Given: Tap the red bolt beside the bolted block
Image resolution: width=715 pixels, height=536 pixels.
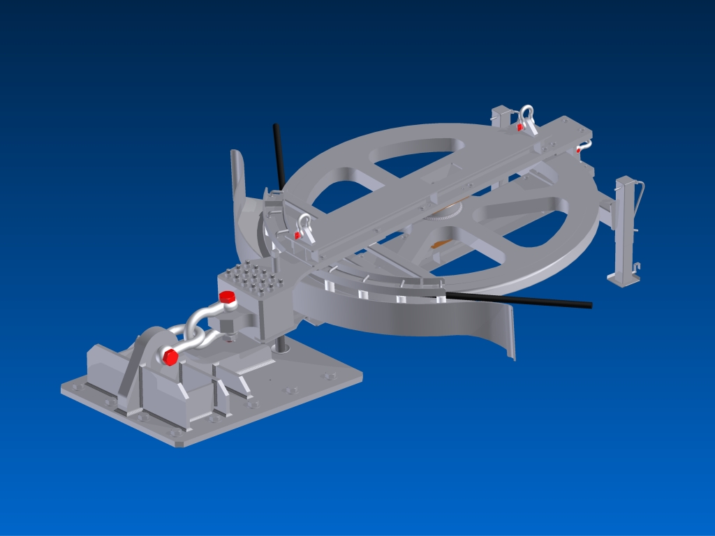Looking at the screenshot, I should pyautogui.click(x=226, y=298).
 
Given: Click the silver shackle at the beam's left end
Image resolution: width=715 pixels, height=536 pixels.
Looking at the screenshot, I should pyautogui.click(x=304, y=226).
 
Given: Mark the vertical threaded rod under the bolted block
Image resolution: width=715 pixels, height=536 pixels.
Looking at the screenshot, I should pyautogui.click(x=279, y=344).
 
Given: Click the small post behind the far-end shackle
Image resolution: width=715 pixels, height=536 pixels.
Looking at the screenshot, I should pyautogui.click(x=501, y=115).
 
